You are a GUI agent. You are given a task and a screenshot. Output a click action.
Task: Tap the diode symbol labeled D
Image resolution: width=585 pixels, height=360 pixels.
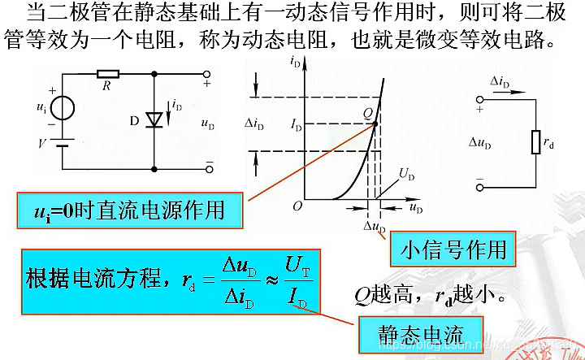(x=154, y=119)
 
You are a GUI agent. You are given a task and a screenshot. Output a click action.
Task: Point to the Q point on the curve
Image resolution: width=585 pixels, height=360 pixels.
(x=375, y=123)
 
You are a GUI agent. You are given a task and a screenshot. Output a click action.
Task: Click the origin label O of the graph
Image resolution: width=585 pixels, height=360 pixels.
(x=297, y=206)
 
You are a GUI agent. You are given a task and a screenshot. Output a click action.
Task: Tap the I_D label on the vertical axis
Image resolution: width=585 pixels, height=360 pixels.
(x=295, y=127)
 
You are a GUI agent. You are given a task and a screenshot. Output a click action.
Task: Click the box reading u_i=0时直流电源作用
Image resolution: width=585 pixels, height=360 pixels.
(x=131, y=211)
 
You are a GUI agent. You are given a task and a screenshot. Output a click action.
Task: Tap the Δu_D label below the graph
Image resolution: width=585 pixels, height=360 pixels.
(x=375, y=226)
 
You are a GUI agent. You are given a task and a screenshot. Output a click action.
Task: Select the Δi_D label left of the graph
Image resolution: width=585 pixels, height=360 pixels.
(x=253, y=125)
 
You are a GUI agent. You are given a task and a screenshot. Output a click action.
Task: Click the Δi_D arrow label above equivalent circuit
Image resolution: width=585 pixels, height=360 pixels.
(x=500, y=82)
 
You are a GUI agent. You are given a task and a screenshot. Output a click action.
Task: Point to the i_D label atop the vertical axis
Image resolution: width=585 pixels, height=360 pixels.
(x=296, y=62)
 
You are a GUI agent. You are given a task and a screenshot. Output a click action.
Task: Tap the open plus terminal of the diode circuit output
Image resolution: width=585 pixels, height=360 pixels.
(x=209, y=73)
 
